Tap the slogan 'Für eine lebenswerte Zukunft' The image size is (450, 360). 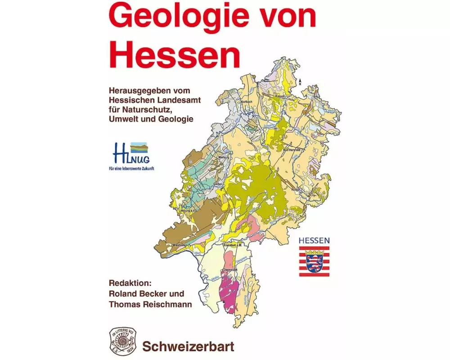pos(131,169)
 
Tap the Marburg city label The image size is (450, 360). pos(224,157)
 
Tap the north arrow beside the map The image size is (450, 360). pos(300,81)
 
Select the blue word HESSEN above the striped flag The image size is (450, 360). pos(314,241)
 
